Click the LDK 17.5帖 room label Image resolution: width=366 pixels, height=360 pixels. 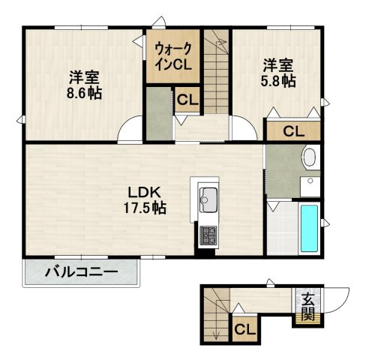click(145, 200)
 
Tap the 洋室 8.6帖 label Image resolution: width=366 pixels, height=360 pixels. click(84, 85)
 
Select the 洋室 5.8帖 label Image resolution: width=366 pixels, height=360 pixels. click(278, 73)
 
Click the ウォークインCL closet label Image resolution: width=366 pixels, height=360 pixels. click(173, 56)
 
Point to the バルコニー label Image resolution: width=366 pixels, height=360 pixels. click(81, 272)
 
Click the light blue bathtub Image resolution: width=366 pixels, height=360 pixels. click(309, 228)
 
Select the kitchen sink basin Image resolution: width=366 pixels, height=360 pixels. click(209, 200)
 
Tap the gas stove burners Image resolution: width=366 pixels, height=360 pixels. click(208, 235)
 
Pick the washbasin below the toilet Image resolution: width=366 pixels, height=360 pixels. click(310, 187)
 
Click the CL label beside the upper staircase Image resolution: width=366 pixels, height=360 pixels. click(187, 100)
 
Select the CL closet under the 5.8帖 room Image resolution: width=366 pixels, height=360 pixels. click(294, 131)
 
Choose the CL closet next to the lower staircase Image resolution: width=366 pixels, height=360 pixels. click(245, 329)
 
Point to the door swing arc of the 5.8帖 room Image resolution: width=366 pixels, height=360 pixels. click(250, 122)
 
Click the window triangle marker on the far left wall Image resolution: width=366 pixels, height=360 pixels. click(19, 120)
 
